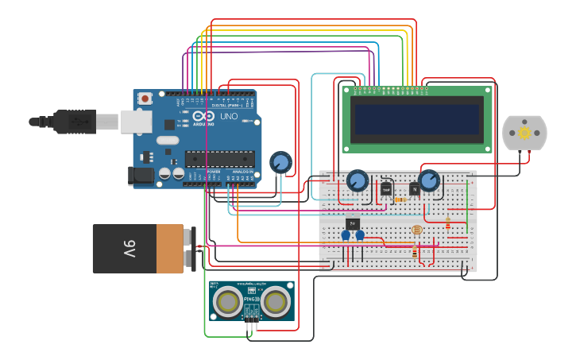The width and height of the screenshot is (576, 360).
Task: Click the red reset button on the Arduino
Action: point(145,99)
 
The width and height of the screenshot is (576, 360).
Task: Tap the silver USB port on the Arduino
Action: point(136,121)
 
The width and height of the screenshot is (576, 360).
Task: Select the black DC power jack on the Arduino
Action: point(141,176)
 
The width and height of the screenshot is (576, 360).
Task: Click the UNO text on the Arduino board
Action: point(229,117)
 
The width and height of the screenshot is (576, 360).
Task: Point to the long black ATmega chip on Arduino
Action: point(220,158)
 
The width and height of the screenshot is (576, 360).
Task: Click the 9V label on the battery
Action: point(130,249)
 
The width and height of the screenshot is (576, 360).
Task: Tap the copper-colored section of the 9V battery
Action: point(169,249)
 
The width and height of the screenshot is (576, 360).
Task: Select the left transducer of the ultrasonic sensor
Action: point(228,301)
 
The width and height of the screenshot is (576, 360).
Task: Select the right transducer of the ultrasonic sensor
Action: point(276,301)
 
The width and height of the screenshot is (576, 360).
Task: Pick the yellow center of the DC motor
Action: point(524,133)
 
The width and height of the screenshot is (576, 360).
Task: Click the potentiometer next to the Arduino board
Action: point(280,162)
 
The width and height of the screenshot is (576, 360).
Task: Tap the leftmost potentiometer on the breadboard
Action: point(358,181)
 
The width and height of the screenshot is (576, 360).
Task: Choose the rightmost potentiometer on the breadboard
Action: point(429,180)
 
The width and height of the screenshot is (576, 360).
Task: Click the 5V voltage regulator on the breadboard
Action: point(353,223)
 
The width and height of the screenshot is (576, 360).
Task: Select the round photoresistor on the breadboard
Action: point(417,230)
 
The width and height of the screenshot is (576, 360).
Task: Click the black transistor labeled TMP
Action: point(386,189)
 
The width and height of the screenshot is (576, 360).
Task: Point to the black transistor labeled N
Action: point(414,188)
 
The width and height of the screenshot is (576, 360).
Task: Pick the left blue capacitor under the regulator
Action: point(346,235)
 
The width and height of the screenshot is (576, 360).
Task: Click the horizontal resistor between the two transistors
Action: point(400,199)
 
